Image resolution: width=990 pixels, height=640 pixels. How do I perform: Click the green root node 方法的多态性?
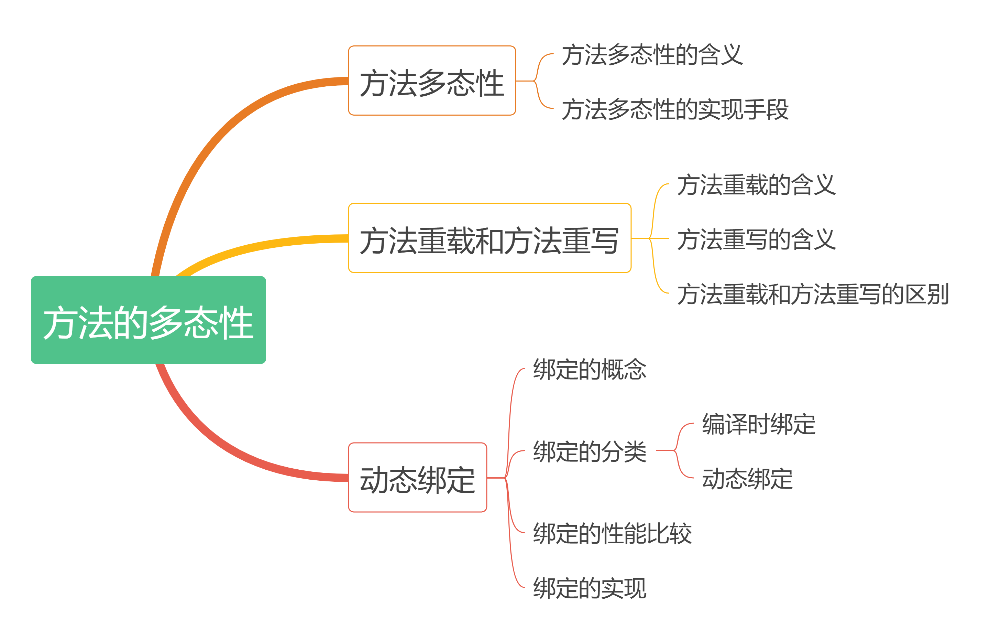tap(148, 320)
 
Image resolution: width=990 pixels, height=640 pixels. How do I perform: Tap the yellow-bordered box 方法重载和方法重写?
tap(489, 238)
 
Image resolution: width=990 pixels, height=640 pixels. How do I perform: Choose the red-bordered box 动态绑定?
tap(417, 478)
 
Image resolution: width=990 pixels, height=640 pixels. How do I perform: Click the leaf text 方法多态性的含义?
tap(652, 54)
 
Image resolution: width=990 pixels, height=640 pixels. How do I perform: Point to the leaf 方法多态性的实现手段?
tap(674, 109)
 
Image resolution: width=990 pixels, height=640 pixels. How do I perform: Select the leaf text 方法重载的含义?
tap(756, 184)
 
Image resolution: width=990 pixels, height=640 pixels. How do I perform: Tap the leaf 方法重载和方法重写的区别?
tap(813, 294)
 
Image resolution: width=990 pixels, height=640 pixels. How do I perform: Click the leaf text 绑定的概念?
tap(590, 369)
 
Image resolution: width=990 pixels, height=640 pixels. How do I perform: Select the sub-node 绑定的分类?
tap(590, 451)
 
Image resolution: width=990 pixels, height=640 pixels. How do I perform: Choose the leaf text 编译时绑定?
tap(758, 424)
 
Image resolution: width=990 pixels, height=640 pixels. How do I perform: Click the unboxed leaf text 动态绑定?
tap(747, 478)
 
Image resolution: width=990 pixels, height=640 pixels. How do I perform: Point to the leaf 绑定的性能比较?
tap(612, 533)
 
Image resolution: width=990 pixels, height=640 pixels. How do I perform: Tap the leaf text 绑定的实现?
tap(590, 588)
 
